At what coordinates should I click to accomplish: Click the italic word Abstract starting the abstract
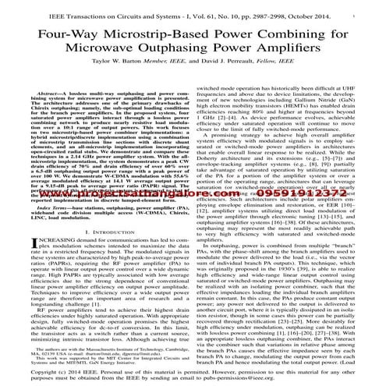39,92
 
